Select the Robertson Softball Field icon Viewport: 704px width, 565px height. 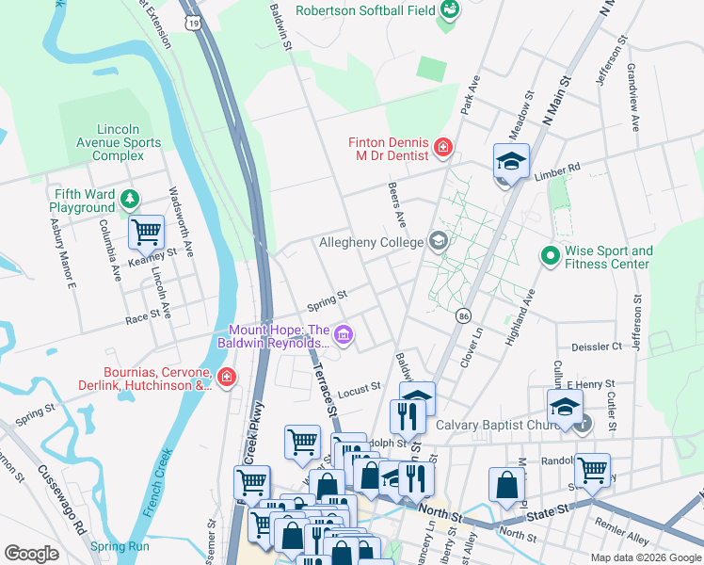449,10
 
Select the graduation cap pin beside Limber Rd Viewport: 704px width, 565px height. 512,161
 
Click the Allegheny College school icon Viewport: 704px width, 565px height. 437,242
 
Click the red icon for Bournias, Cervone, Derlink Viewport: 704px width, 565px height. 226,379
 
